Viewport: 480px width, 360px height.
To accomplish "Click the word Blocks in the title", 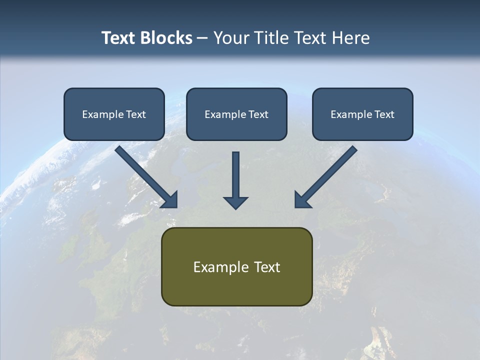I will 167,38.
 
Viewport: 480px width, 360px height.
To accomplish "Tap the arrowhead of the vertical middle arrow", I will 235,202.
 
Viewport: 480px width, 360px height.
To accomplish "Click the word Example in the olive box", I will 218,267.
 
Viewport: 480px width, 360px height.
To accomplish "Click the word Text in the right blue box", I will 384,114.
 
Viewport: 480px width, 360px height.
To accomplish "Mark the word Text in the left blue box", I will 136,114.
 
